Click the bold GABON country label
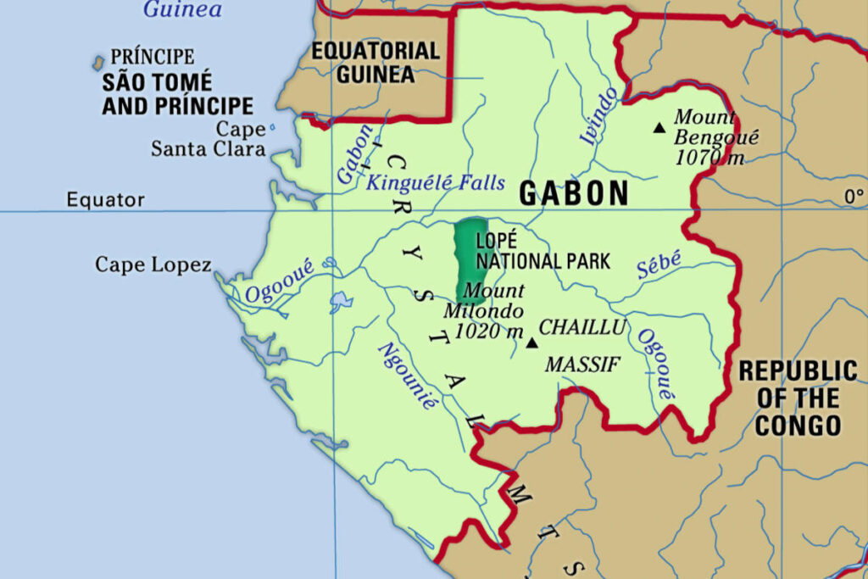pyautogui.click(x=574, y=194)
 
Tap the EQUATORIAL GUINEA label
pyautogui.click(x=376, y=62)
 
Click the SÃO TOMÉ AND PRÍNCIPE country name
pyautogui.click(x=177, y=94)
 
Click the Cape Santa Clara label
pyautogui.click(x=209, y=140)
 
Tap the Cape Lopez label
pyautogui.click(x=153, y=264)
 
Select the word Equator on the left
pyautogui.click(x=106, y=201)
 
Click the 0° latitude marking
pyautogui.click(x=853, y=197)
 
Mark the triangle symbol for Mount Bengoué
pyautogui.click(x=659, y=128)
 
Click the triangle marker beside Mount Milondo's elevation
pyautogui.click(x=532, y=343)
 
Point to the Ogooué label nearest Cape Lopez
pyautogui.click(x=279, y=281)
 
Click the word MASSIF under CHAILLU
pyautogui.click(x=582, y=365)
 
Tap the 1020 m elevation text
pyautogui.click(x=489, y=331)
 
